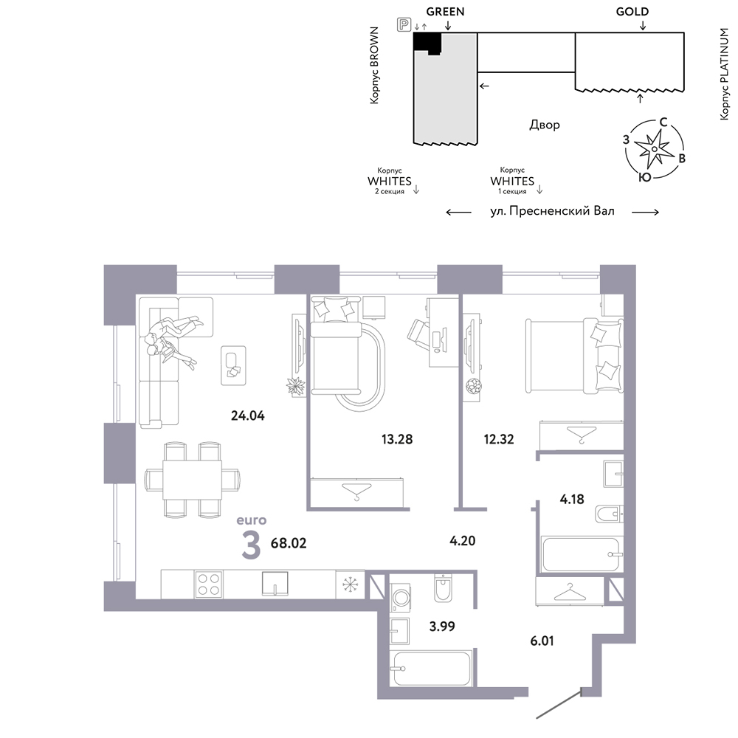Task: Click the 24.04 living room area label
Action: click(247, 415)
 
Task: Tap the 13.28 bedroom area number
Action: click(397, 439)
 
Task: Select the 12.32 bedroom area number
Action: click(499, 439)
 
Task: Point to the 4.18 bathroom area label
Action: click(572, 499)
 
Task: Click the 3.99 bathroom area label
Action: click(442, 626)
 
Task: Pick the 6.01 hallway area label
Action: click(542, 641)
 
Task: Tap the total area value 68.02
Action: click(289, 543)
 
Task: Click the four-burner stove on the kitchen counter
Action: click(209, 584)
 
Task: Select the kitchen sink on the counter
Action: click(275, 584)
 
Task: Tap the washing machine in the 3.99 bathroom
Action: click(401, 598)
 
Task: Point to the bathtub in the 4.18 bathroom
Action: click(581, 554)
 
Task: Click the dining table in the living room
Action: click(192, 480)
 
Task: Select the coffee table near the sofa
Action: click(233, 365)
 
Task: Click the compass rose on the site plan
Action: click(654, 149)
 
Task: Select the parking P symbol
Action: click(404, 24)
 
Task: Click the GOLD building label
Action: click(632, 12)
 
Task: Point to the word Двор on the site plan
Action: click(545, 125)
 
